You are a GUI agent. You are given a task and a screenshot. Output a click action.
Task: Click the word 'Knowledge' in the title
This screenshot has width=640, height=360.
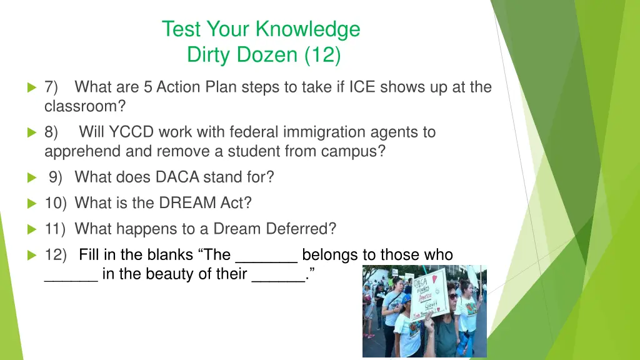[x=307, y=29]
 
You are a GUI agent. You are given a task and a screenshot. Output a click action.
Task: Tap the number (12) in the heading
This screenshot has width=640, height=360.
[x=322, y=55]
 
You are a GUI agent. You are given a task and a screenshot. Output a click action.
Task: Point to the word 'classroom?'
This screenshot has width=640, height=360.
[x=81, y=106]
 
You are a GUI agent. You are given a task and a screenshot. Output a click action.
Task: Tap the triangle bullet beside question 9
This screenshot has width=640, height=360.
[x=32, y=177]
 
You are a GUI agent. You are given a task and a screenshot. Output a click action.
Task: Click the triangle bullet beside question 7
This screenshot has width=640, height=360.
[x=32, y=87]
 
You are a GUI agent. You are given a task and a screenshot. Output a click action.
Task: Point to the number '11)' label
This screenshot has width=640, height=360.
[x=56, y=229]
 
